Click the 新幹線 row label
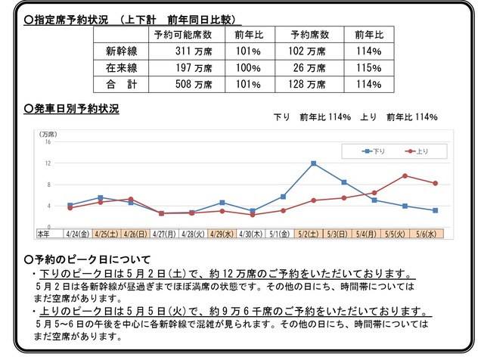(121, 52)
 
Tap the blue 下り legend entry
(375, 151)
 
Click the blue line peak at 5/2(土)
(313, 163)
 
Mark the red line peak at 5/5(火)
(405, 175)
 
